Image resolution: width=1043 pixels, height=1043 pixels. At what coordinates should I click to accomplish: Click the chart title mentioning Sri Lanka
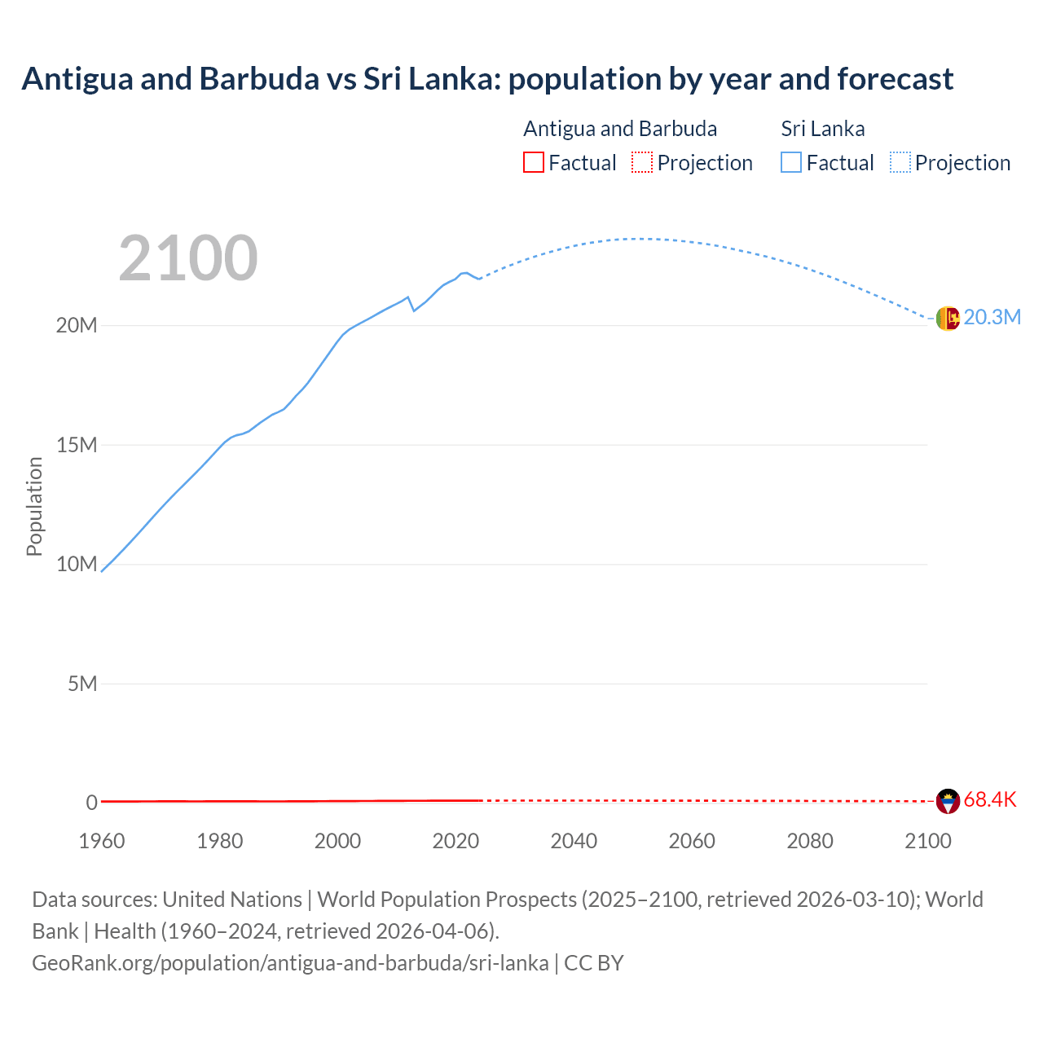[487, 79]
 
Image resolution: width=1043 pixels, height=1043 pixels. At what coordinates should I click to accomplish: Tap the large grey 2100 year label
[188, 258]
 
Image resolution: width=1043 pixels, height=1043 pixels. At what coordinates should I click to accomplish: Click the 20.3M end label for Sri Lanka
[992, 318]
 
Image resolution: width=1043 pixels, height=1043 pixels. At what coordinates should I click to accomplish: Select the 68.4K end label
[990, 800]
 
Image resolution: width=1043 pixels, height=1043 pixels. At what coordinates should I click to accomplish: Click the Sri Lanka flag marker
[948, 319]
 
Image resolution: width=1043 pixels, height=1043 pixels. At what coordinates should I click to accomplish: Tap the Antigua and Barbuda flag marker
[948, 801]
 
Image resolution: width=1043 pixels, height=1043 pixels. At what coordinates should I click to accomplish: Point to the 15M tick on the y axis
[77, 445]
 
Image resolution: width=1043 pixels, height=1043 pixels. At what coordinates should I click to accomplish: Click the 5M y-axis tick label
[82, 684]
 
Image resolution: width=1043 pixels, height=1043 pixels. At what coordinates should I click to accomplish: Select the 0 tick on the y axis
[91, 803]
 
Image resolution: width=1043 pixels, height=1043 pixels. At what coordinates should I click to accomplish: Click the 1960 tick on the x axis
[102, 841]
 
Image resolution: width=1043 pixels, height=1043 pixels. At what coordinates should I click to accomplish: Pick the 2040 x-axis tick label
[574, 841]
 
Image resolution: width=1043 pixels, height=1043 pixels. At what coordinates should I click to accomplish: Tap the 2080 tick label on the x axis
[810, 841]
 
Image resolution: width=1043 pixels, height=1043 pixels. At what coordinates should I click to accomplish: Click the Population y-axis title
[34, 506]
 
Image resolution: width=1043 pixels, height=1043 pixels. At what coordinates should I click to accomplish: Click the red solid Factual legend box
[534, 162]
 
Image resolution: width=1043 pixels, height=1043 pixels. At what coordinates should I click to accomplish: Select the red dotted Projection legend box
[642, 162]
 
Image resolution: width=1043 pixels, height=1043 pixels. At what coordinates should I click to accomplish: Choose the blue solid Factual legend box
[791, 162]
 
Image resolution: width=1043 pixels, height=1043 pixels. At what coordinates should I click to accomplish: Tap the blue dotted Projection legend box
[900, 162]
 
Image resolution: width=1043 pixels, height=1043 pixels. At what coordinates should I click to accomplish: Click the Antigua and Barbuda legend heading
[620, 129]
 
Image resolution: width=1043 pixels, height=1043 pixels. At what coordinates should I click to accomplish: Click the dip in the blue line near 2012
[414, 310]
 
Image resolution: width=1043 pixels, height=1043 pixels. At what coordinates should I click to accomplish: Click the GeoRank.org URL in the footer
[290, 963]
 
